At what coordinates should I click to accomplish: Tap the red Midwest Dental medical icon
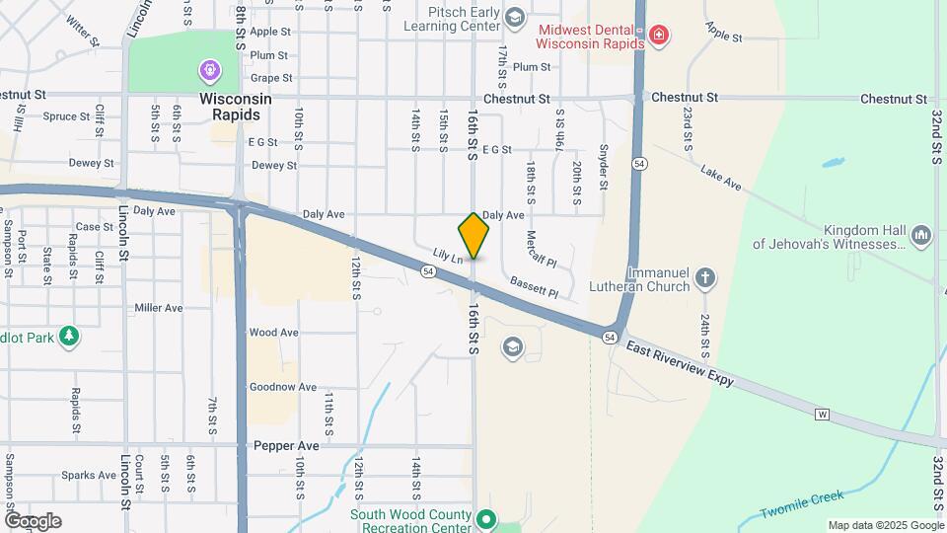(x=659, y=38)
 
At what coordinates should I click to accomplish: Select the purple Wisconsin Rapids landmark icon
(x=209, y=70)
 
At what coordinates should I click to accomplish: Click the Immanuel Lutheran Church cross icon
(x=704, y=277)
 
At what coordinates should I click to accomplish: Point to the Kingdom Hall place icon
(x=922, y=235)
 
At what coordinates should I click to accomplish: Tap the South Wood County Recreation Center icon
(x=485, y=519)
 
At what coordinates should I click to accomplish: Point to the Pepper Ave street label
(x=286, y=445)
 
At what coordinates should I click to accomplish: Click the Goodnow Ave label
(x=282, y=387)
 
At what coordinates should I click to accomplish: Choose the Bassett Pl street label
(x=534, y=288)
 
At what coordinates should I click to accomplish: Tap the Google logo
(x=32, y=520)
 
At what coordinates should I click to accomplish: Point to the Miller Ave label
(x=159, y=308)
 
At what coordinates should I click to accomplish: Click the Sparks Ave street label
(x=89, y=475)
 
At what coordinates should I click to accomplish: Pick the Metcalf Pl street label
(x=541, y=251)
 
